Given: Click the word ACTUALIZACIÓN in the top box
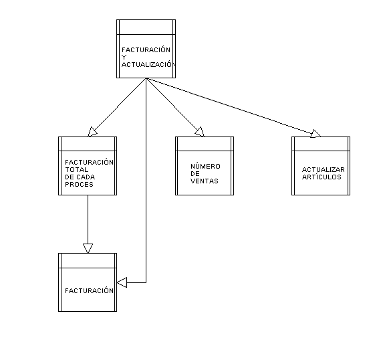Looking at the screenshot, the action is tap(148, 64).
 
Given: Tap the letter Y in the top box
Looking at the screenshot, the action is tap(124, 58).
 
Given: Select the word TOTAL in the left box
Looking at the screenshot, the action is tap(77, 169).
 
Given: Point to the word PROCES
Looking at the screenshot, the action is tap(79, 185).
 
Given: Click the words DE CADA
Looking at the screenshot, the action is tap(80, 177).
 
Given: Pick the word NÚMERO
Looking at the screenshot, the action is tap(205, 166).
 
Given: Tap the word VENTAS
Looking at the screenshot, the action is tap(205, 181).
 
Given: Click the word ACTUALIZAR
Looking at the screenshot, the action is tap(324, 169).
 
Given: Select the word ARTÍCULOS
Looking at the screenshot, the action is tap(322, 177).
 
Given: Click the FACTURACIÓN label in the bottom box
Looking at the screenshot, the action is tap(89, 290).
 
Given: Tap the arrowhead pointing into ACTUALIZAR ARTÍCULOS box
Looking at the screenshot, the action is tap(315, 134).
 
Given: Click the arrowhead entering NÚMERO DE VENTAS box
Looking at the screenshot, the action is tap(200, 132).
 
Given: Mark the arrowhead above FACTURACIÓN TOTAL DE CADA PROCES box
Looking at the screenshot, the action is tap(92, 132).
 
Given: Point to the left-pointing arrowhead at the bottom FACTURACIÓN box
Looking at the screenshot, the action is tap(122, 282).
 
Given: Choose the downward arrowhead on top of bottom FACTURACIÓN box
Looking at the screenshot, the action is tap(88, 248).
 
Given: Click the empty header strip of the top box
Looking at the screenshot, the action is tap(146, 27).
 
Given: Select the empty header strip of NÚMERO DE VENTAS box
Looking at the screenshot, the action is tap(205, 144).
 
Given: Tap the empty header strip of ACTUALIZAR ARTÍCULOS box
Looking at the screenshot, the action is tap(321, 144).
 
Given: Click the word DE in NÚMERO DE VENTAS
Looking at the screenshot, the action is tap(195, 174).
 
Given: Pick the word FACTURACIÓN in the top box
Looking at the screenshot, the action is tap(146, 50).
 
